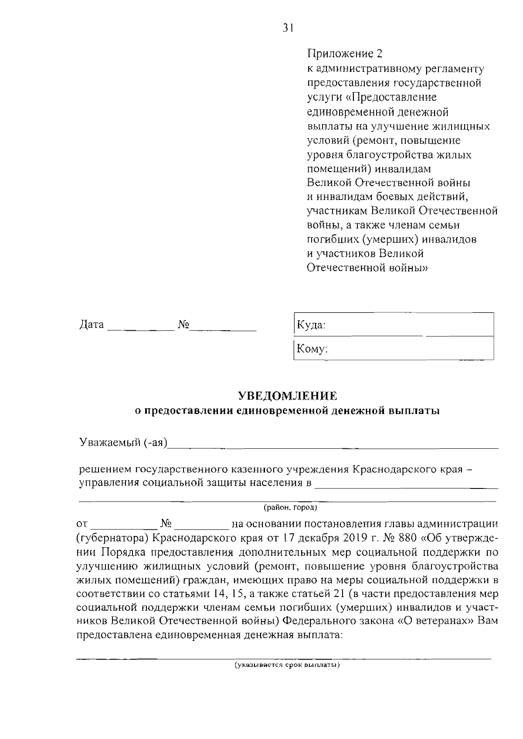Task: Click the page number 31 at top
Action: click(x=288, y=28)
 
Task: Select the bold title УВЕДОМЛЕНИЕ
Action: click(x=287, y=396)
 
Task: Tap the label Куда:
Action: click(x=311, y=325)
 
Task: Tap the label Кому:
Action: click(x=312, y=349)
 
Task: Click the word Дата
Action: click(x=92, y=325)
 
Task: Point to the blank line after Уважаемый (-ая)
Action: click(x=333, y=447)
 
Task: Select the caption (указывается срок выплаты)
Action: click(x=286, y=665)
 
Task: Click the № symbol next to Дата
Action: click(x=183, y=325)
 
